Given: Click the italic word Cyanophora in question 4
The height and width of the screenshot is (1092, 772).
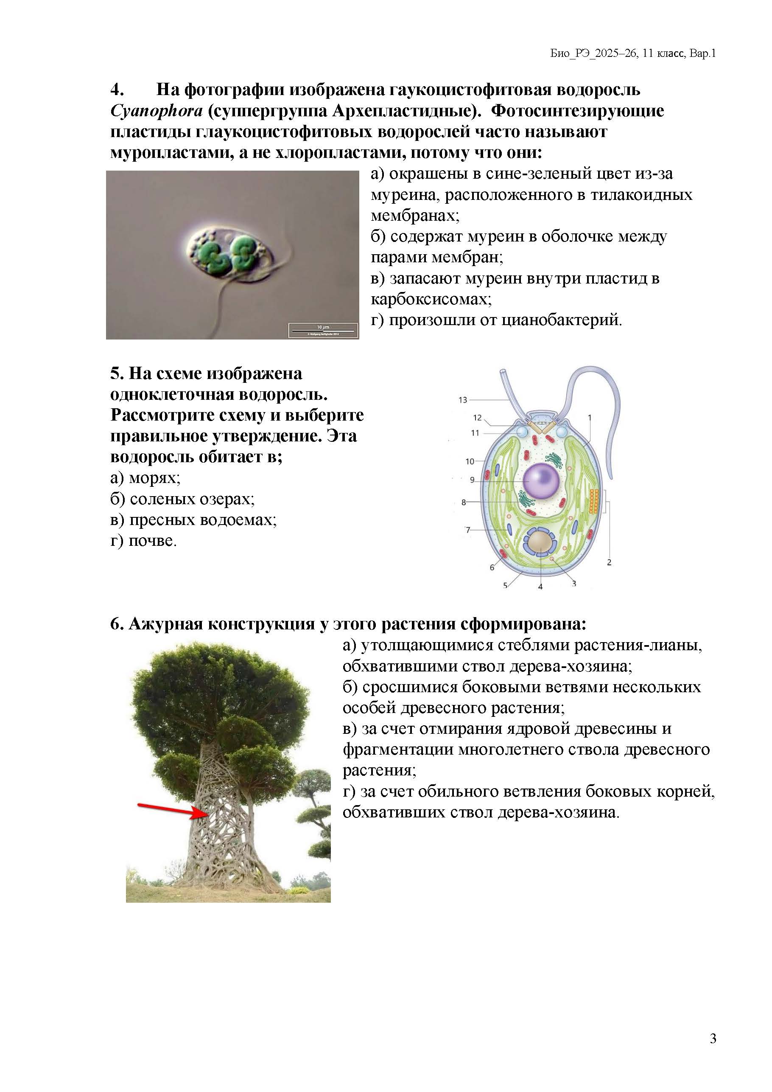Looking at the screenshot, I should tap(157, 111).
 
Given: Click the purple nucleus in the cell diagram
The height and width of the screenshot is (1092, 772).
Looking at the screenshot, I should tap(541, 481).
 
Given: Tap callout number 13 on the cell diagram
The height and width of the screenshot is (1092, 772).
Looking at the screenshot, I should tap(462, 400).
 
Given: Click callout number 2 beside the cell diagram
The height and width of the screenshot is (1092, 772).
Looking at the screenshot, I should tap(609, 563).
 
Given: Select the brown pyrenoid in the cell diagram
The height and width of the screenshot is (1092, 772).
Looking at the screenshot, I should tap(540, 543).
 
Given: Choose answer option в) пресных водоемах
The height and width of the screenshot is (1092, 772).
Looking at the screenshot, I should tap(193, 519).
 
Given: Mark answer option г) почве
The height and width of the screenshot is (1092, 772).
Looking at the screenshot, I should tap(143, 540).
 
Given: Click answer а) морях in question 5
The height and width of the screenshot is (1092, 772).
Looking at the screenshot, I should tap(145, 477).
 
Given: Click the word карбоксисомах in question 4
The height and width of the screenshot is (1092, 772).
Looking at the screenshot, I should tap(431, 299).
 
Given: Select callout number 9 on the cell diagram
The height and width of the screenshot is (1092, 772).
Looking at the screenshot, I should tap(472, 480).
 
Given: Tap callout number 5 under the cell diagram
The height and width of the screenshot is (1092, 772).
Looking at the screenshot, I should tap(505, 586).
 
